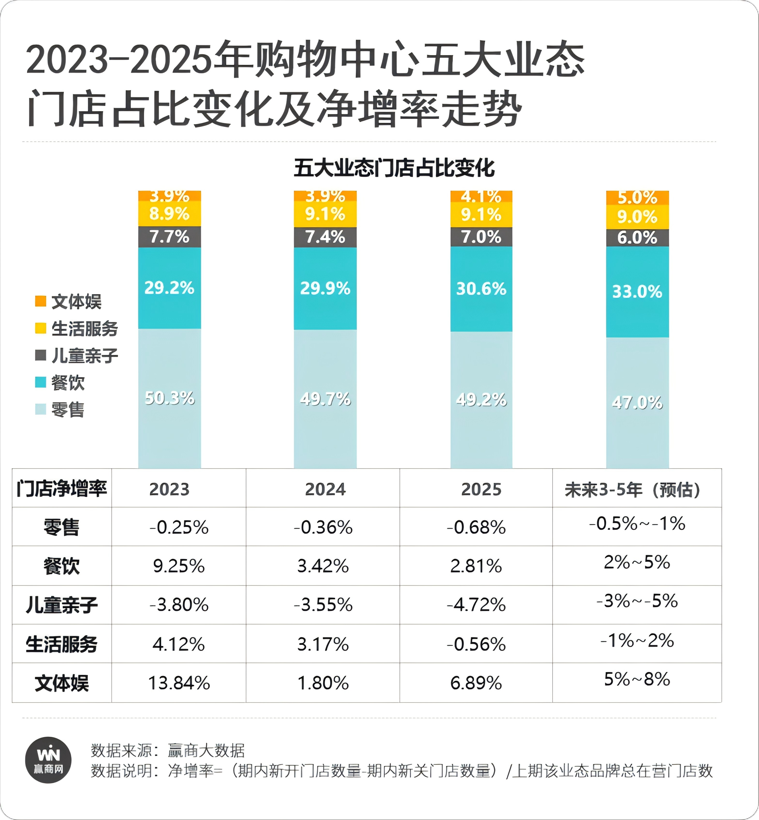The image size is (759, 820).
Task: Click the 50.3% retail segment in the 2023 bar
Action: [x=170, y=398]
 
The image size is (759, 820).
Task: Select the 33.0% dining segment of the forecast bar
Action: [x=637, y=292]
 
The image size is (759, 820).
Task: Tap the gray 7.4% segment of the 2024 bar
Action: [x=325, y=237]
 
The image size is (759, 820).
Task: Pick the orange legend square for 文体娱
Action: [x=41, y=301]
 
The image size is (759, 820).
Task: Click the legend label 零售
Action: [x=68, y=410]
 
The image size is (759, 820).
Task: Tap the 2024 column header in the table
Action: [x=325, y=489]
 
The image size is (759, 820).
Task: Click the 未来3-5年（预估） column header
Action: [x=636, y=489]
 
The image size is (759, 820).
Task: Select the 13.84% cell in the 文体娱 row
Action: [x=179, y=683]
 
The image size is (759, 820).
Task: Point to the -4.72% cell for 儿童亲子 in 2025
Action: [x=476, y=605]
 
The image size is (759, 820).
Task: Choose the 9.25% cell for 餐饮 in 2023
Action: [x=179, y=566]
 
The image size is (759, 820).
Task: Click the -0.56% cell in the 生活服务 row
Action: [x=476, y=644]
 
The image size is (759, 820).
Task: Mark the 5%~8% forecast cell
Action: [x=637, y=679]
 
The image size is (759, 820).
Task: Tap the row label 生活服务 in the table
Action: [x=62, y=644]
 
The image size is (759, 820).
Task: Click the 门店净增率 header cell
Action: [x=62, y=488]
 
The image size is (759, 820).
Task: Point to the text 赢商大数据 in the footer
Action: [x=206, y=751]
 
